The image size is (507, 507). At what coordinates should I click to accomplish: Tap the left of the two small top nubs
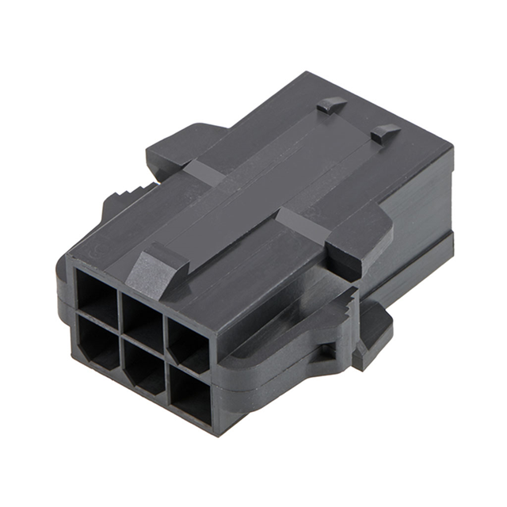point(331,105)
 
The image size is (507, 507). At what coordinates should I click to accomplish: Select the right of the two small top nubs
point(385,132)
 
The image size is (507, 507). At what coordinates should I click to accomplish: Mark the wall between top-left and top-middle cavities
point(120,297)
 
